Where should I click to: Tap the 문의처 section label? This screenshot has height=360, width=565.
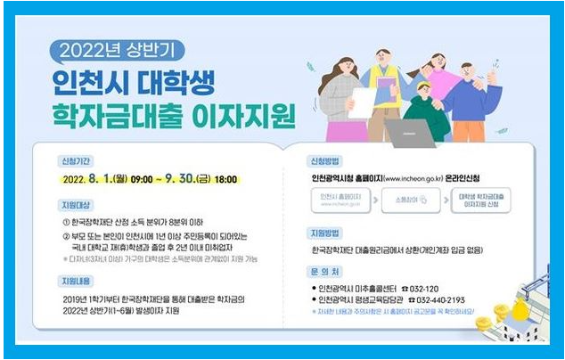pyautogui.click(x=326, y=270)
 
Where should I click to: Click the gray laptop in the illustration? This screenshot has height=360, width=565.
pyautogui.click(x=408, y=135)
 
